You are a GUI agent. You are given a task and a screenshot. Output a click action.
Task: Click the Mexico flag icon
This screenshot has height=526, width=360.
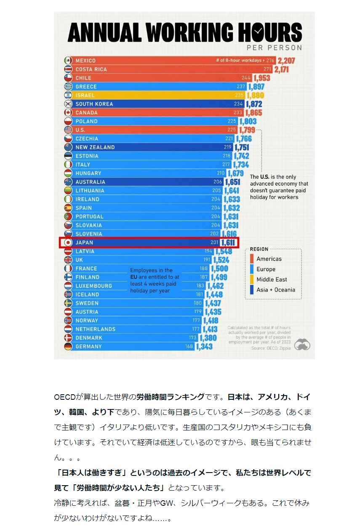[68, 61]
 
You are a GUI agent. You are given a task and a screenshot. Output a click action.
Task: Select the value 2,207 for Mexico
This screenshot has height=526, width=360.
[286, 61]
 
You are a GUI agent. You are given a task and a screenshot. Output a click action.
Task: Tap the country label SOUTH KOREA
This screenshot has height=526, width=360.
[94, 104]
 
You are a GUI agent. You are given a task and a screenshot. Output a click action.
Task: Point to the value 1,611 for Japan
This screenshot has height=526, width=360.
[229, 243]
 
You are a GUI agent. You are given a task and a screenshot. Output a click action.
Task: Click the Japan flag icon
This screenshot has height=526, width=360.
[68, 243]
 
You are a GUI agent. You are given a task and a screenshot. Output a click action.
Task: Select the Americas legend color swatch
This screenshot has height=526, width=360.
[252, 259]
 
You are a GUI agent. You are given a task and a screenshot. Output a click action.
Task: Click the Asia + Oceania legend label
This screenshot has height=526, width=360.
[276, 290]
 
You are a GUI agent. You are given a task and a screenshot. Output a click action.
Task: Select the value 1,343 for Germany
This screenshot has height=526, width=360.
[204, 347]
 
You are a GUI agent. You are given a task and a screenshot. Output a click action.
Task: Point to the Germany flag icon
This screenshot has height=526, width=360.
[68, 347]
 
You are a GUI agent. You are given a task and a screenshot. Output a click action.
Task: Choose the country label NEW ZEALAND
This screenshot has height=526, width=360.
[95, 147]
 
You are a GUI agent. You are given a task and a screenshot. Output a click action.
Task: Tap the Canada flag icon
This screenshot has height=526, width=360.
[68, 113]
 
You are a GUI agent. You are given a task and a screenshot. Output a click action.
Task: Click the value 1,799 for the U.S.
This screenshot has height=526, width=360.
[247, 130]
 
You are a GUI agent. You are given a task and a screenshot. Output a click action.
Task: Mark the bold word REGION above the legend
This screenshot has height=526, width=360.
[259, 249]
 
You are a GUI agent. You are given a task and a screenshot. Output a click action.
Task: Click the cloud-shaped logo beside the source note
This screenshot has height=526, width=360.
[302, 344]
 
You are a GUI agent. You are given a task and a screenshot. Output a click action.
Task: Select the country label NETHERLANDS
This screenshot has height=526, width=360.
[95, 329]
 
